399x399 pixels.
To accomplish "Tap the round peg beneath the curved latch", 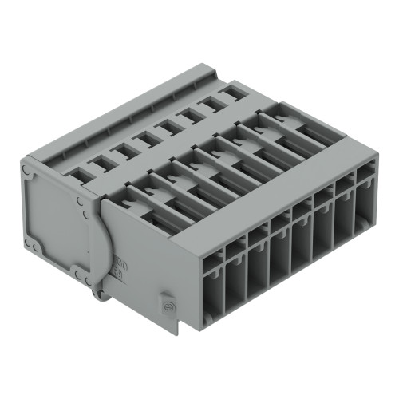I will click(99, 295).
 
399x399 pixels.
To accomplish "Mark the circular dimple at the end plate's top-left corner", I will click(29, 169).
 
